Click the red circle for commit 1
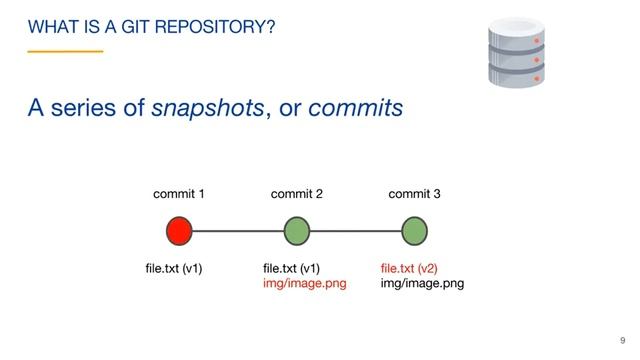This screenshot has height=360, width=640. (x=179, y=231)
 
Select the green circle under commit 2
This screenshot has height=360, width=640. (x=296, y=231)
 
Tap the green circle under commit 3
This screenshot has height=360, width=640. (x=414, y=231)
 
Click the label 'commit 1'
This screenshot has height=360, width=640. (x=179, y=194)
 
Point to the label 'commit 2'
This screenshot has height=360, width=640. (x=297, y=194)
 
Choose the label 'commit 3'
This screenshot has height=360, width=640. (x=414, y=194)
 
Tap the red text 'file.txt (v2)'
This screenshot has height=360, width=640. (x=410, y=268)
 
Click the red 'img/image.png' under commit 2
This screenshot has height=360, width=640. (x=304, y=283)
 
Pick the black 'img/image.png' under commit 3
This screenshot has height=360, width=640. (x=422, y=283)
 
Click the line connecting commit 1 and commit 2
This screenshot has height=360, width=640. (x=237, y=231)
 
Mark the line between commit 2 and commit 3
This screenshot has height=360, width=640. (x=355, y=231)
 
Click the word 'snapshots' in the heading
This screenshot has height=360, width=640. (x=208, y=108)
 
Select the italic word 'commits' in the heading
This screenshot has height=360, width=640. (x=355, y=108)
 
